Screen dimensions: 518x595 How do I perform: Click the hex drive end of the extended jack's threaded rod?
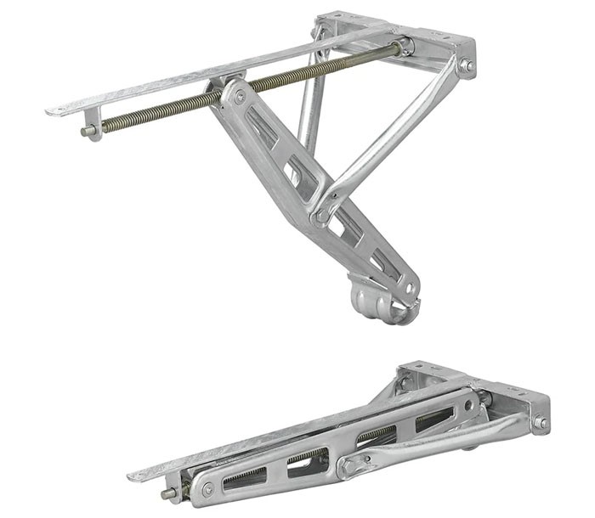[x=88, y=131]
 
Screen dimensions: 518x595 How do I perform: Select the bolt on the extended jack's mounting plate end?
[x=466, y=64]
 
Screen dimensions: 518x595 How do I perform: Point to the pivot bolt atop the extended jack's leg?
[x=240, y=98]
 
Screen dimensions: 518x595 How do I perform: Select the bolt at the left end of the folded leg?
[x=206, y=489]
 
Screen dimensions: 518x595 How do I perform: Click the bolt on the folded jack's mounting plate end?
[x=540, y=422]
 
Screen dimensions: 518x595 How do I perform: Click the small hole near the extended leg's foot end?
[x=410, y=289]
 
